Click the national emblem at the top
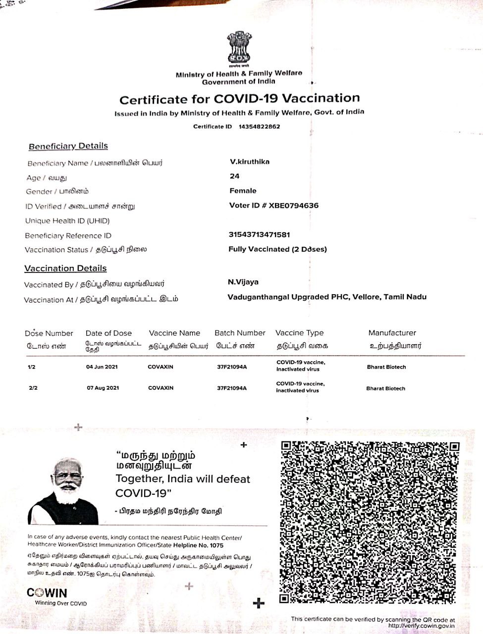[x=239, y=48]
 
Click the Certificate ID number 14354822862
[x=259, y=126]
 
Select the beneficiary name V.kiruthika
[x=250, y=161]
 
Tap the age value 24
[x=234, y=176]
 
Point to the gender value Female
[x=243, y=191]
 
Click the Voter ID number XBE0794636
[x=293, y=205]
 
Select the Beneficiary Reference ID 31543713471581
[x=259, y=234]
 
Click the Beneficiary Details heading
[x=68, y=146]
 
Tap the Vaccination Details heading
[x=65, y=268]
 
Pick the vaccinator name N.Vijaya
[x=243, y=282]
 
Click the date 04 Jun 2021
[x=102, y=367]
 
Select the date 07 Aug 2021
[x=103, y=388]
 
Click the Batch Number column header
[x=240, y=333]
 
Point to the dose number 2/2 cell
[x=33, y=388]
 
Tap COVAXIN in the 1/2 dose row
[x=161, y=367]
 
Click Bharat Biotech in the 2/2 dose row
[x=385, y=388]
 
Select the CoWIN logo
[x=47, y=593]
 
